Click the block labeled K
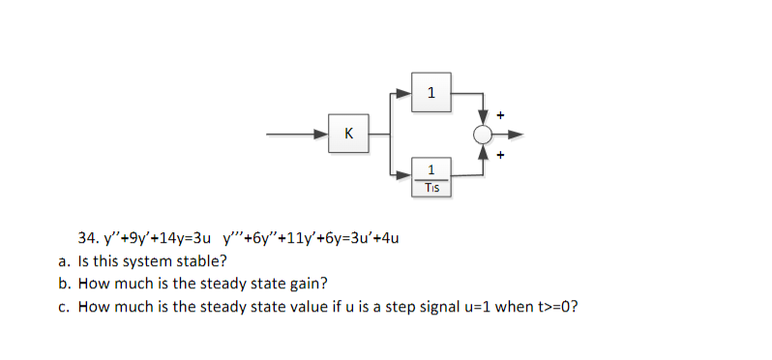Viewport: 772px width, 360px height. (347, 134)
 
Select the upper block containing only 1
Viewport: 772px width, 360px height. (431, 94)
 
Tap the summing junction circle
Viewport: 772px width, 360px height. (482, 134)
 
